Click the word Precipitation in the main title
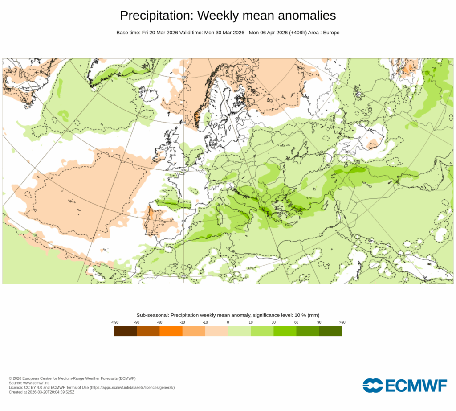tap(156, 16)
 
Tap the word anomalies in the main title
tap(307, 16)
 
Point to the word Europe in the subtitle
tap(331, 33)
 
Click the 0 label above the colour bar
tap(228, 322)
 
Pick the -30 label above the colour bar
tap(182, 322)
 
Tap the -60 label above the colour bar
tap(159, 322)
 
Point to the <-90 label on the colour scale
tap(114, 322)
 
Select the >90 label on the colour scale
tap(342, 322)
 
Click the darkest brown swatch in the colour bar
tap(125, 331)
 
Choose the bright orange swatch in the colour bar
tap(171, 331)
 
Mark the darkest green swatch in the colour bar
tap(330, 331)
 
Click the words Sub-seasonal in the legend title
tap(153, 315)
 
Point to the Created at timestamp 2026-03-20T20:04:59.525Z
tap(51, 392)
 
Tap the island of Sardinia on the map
tap(219, 216)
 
